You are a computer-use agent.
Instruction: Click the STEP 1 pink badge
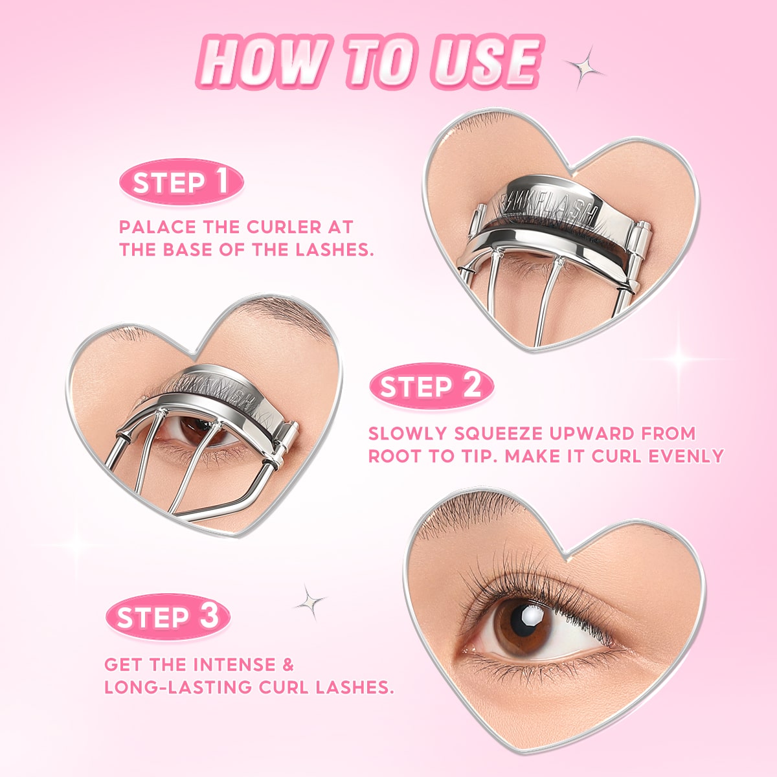click(181, 182)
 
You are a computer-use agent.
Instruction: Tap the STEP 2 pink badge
click(431, 386)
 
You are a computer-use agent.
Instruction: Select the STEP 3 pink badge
click(168, 616)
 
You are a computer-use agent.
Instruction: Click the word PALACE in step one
click(157, 227)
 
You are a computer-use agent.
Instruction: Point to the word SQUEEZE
click(497, 433)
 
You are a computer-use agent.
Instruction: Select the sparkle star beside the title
click(583, 67)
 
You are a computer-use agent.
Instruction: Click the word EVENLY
click(686, 456)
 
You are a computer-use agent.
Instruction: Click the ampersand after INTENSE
click(288, 664)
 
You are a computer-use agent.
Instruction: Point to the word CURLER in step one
click(284, 227)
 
